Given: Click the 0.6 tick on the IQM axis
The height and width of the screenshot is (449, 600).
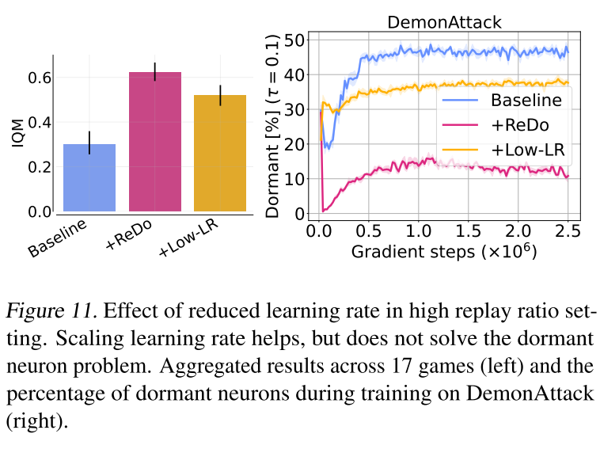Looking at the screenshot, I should tap(40, 78).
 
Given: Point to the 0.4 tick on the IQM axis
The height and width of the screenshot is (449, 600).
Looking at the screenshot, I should tap(40, 123).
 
